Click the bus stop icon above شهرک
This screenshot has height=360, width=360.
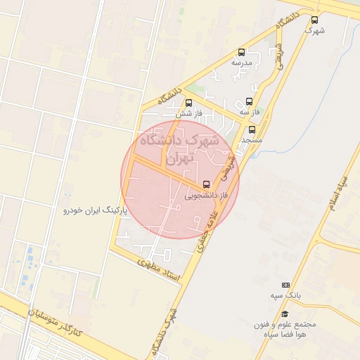point(314,20)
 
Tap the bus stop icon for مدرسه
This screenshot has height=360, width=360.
point(242,52)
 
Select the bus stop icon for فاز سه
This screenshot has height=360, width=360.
point(249,101)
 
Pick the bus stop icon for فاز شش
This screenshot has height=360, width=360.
point(188,103)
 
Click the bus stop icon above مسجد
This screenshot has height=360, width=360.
point(252,129)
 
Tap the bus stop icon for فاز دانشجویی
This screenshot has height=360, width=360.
point(205,185)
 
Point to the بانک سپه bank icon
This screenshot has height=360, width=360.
point(285,285)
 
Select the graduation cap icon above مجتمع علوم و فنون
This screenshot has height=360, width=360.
point(285,314)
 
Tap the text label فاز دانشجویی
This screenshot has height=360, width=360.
point(207,196)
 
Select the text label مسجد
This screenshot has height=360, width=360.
point(252,140)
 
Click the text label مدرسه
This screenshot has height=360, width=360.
point(242,63)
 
